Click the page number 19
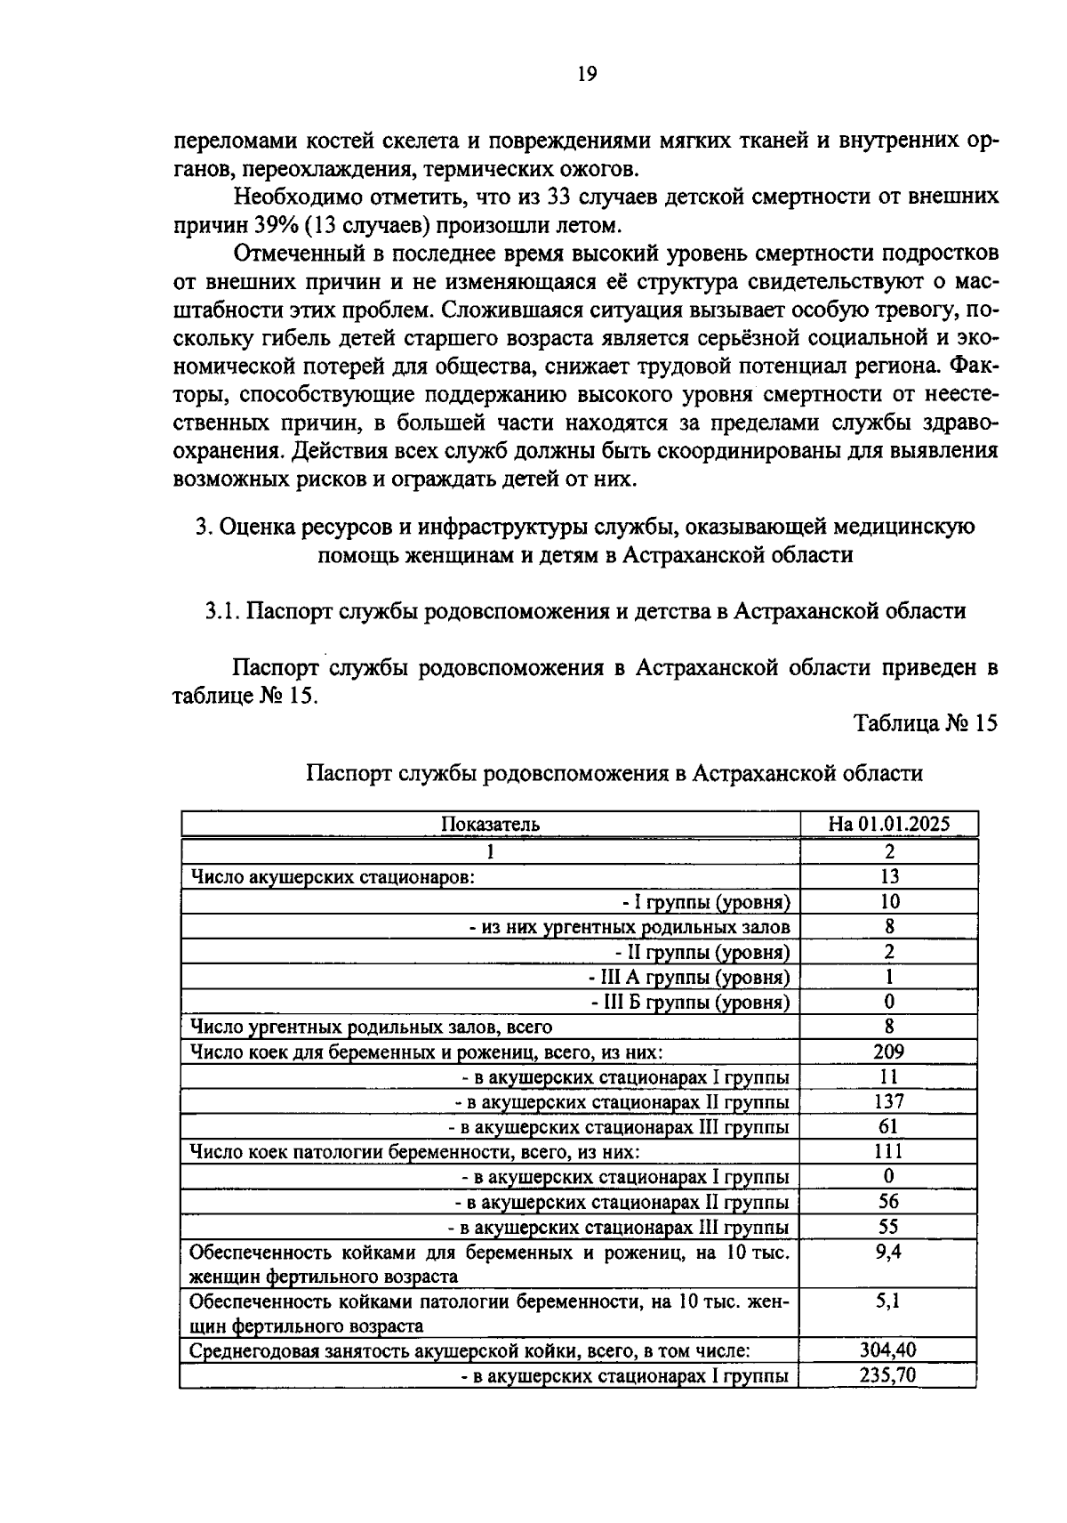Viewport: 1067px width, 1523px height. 586,74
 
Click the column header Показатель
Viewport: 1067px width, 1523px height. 490,824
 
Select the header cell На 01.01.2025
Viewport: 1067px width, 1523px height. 888,824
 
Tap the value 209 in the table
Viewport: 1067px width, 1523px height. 888,1052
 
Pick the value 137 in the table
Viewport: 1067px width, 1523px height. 888,1101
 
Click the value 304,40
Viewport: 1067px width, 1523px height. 888,1350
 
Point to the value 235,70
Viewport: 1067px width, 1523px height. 888,1375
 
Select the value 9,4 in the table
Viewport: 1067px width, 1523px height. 888,1252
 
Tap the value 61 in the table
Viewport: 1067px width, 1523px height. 888,1126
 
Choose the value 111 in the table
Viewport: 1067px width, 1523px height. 888,1151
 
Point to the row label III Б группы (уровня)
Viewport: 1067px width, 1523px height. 690,1003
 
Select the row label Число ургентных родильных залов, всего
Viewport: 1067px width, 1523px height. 371,1027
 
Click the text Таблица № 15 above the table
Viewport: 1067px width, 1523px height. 925,722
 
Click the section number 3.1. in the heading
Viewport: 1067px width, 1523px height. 222,611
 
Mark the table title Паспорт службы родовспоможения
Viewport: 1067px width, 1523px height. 614,773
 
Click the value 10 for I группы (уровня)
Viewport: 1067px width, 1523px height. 888,901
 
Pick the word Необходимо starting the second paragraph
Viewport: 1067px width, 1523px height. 290,196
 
